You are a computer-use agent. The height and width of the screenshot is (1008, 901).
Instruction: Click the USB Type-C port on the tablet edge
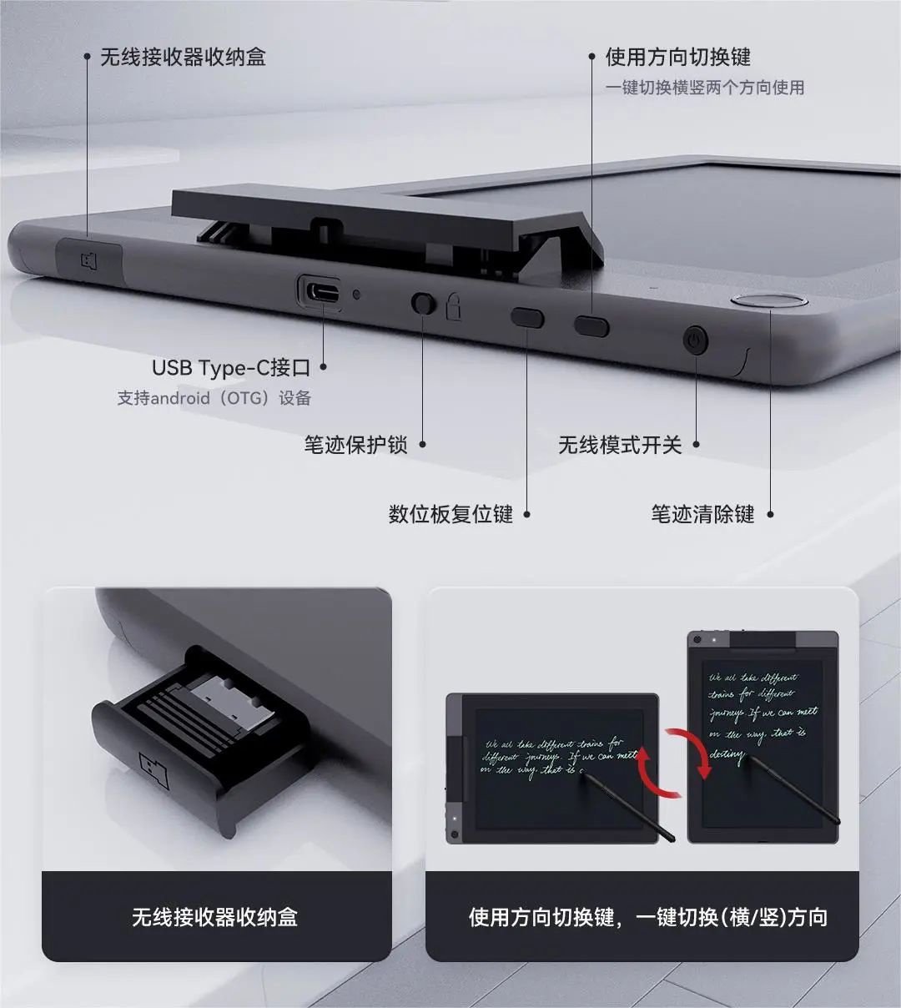point(320,293)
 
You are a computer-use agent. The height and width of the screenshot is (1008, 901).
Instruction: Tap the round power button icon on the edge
point(695,340)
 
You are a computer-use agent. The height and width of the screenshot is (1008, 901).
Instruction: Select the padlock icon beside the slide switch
point(453,307)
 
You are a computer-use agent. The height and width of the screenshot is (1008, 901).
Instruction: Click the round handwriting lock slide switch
point(424,303)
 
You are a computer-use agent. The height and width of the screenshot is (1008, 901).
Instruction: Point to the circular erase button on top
point(768,301)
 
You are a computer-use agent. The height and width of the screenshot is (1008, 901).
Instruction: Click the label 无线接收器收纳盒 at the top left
point(183,57)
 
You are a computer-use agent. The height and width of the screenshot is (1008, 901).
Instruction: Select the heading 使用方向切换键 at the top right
point(677,57)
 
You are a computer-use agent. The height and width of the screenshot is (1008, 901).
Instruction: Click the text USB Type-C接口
point(231,367)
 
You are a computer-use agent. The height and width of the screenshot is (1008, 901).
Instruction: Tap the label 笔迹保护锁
point(355,445)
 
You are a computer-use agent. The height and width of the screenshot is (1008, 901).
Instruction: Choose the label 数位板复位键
point(450,514)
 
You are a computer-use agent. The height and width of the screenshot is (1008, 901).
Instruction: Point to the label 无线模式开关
point(620,445)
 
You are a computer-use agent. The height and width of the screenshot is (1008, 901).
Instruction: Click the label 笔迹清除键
point(702,514)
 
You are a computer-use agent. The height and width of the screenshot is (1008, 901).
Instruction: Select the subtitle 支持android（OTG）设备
point(214,398)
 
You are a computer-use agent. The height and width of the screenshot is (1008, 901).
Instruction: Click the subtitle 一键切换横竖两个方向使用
point(705,88)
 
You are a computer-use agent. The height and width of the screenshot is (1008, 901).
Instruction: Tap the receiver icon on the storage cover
point(89,260)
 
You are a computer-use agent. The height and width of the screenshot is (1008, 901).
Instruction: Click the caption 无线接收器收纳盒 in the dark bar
point(214,917)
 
